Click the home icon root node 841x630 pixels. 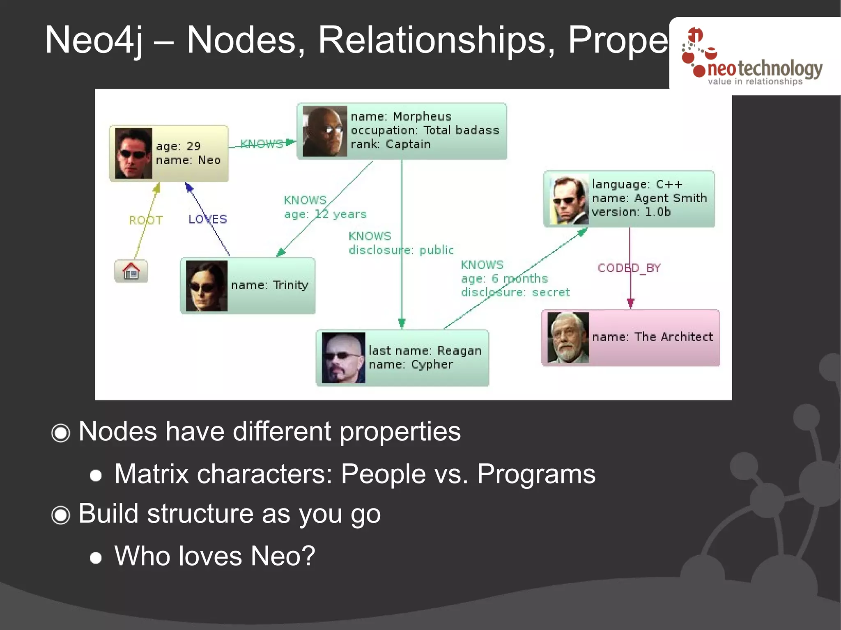[131, 271]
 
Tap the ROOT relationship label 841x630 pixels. [146, 220]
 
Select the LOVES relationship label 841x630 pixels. [207, 219]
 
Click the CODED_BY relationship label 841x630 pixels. [629, 268]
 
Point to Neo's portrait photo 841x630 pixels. [133, 153]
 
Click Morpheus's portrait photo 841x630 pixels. [324, 131]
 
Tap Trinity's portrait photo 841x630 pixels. [207, 286]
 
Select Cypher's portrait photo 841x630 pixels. [343, 357]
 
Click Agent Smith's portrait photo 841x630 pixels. [569, 200]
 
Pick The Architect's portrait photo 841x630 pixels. [568, 337]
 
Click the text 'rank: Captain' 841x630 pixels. [391, 144]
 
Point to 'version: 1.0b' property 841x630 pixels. [631, 212]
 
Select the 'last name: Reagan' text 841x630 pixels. [425, 351]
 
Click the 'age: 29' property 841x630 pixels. [178, 147]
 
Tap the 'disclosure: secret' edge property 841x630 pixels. [515, 293]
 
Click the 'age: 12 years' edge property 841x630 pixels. [325, 214]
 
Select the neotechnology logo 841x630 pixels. [754, 57]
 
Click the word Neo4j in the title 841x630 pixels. [94, 40]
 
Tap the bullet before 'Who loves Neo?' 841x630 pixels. [96, 558]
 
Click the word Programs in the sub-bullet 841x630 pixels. [536, 474]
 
